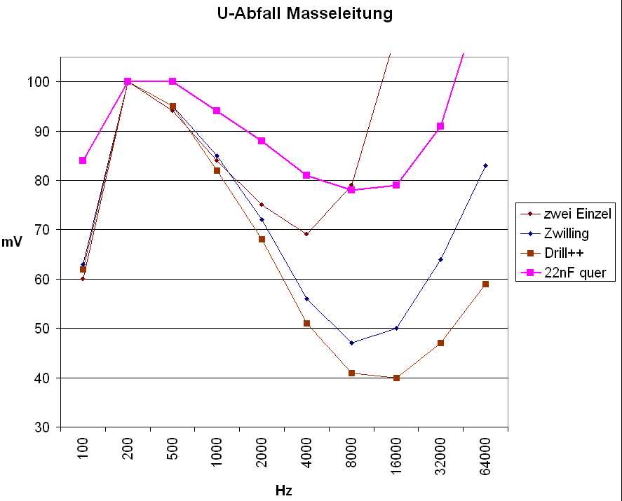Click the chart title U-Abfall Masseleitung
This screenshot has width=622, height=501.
click(x=304, y=13)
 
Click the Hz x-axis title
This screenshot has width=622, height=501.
click(x=283, y=490)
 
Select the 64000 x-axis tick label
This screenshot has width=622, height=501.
click(x=485, y=456)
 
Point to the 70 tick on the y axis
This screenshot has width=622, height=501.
click(x=43, y=230)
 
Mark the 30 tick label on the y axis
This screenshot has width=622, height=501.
click(x=43, y=427)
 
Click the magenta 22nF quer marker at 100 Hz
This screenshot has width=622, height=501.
click(x=83, y=160)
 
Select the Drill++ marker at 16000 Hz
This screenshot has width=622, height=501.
click(x=396, y=378)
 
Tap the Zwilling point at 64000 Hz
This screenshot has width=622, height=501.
click(x=485, y=165)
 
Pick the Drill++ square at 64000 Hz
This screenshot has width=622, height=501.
click(x=485, y=284)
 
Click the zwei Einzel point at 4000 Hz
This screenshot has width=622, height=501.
click(x=306, y=234)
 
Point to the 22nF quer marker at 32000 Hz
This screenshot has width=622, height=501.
click(x=440, y=126)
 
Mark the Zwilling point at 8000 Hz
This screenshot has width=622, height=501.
click(x=351, y=343)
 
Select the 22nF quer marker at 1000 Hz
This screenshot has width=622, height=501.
click(x=217, y=111)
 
